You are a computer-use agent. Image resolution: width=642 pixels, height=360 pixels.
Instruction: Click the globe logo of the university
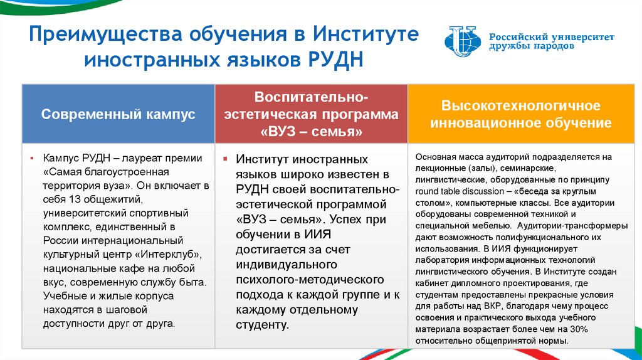[x=463, y=41]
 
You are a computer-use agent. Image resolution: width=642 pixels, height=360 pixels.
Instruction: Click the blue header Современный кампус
[x=118, y=114]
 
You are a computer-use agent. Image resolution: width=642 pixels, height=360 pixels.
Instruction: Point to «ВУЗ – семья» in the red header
[x=311, y=132]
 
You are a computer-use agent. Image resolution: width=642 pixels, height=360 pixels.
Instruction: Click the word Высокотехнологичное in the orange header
[x=521, y=105]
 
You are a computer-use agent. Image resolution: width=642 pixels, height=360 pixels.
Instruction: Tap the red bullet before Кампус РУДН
[x=31, y=158]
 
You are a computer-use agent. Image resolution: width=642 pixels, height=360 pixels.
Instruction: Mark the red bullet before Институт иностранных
[x=225, y=159]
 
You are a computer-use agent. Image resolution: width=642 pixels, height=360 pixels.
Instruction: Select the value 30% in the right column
[x=579, y=329]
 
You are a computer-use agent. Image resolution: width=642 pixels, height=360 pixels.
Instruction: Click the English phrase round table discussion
[x=460, y=191]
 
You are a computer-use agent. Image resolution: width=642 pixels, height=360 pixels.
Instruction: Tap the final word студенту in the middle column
[x=263, y=325]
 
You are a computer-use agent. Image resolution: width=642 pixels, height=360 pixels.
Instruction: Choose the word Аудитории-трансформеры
[x=572, y=226]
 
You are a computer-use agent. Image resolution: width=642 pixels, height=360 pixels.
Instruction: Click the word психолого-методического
[x=310, y=280]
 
